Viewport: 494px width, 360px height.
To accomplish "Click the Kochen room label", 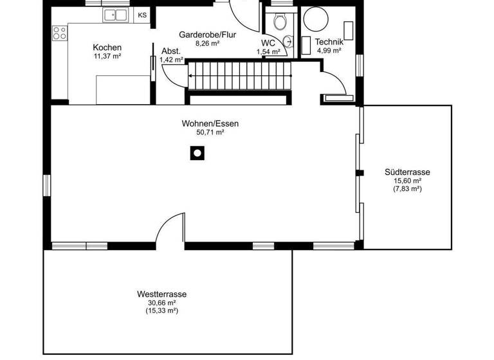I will click(107, 48).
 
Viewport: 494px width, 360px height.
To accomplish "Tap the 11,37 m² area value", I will click(107, 57).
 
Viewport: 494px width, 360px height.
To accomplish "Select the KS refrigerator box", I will click(142, 15).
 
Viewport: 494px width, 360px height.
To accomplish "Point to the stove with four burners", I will click(59, 33).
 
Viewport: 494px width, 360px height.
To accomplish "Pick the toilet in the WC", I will click(280, 22).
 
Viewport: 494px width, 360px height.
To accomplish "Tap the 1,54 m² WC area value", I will click(268, 51).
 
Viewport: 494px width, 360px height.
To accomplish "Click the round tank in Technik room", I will click(315, 21).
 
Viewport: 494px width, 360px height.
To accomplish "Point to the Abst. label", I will click(170, 51).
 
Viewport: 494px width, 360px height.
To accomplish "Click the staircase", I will click(239, 76).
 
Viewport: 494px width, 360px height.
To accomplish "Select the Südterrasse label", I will click(407, 172).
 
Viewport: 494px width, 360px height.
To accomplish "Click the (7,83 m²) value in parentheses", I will click(407, 189).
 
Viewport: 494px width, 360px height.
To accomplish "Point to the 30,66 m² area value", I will click(161, 303).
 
